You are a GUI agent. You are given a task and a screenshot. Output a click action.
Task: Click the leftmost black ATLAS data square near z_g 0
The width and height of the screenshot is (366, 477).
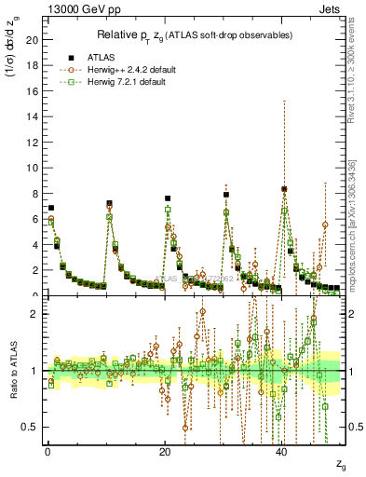click(x=51, y=208)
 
